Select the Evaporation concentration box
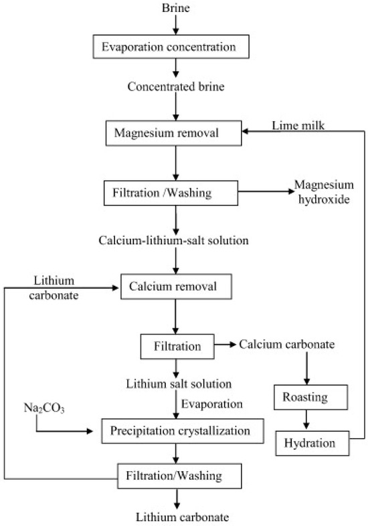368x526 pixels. (x=175, y=48)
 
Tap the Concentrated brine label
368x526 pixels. (x=175, y=86)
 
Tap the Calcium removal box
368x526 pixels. (x=175, y=288)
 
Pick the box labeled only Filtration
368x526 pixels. (x=175, y=347)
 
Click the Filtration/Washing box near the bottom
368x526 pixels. (x=175, y=476)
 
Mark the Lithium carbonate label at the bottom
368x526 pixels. (x=175, y=517)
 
